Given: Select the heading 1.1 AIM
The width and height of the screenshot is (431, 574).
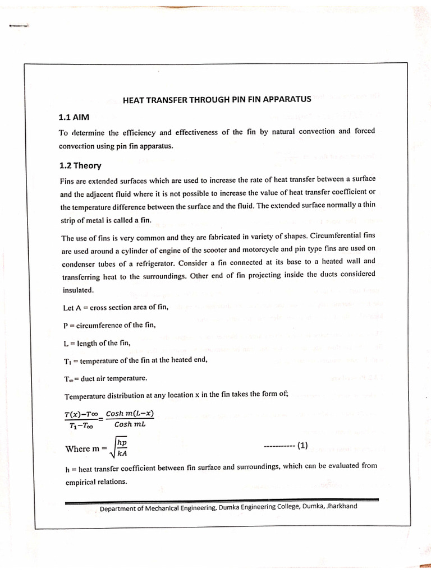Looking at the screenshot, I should [x=74, y=117].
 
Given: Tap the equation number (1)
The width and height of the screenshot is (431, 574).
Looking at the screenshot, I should [x=302, y=446].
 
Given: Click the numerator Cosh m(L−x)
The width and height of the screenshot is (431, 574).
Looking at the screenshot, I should [x=130, y=414].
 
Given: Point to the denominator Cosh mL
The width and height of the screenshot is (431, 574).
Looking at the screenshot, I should [x=130, y=424].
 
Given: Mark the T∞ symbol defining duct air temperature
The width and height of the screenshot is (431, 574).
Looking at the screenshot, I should [x=69, y=378].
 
